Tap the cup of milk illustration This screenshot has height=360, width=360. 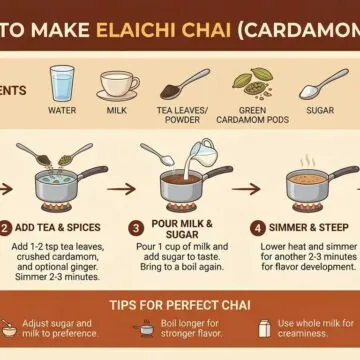tap(118, 85)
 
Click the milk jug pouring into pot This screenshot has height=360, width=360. tap(207, 153)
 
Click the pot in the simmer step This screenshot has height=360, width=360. tap(312, 185)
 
